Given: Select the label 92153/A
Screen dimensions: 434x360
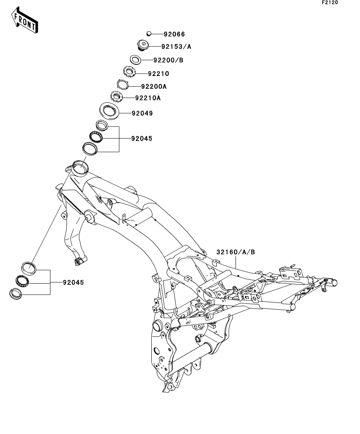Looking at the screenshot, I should pyautogui.click(x=176, y=46).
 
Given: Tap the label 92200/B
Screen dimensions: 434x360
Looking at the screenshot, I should pyautogui.click(x=168, y=60).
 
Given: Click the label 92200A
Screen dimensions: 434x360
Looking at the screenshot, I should pyautogui.click(x=143, y=86).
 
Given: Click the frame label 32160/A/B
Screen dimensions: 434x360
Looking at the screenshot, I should pyautogui.click(x=235, y=252).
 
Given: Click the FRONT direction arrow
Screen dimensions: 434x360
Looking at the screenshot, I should pyautogui.click(x=25, y=22).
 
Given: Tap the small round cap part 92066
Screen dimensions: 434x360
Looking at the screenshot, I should pyautogui.click(x=149, y=34).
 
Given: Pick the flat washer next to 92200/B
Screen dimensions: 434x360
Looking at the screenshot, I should pyautogui.click(x=135, y=60).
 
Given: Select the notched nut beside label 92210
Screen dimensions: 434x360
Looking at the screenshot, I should pyautogui.click(x=128, y=72).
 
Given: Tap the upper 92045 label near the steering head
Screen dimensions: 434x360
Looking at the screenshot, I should pyautogui.click(x=141, y=139).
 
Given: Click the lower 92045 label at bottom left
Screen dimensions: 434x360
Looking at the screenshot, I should pyautogui.click(x=72, y=283).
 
